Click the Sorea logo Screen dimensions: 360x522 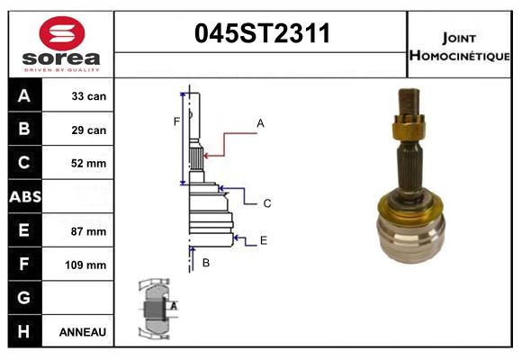pos(61,46)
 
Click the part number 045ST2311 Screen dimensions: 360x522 pos(262,33)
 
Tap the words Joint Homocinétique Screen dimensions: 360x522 pos(459,46)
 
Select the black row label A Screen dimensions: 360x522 pos(23,96)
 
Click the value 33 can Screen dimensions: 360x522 pos(89,96)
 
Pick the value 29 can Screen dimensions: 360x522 pos(89,130)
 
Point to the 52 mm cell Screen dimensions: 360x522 pos(89,164)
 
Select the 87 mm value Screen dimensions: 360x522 pos(89,231)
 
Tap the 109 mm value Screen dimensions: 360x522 pos(89,265)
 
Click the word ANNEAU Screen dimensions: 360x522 pos(83,332)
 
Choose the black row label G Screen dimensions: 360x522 pos(23,298)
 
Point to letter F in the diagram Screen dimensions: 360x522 pos(176,121)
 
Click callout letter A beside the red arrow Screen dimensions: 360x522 pos(260,122)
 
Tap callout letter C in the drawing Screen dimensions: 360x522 pos(267,203)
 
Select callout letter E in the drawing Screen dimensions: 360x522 pos(264,240)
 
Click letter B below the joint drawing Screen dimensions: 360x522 pos(205,263)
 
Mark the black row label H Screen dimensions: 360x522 pos(23,331)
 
